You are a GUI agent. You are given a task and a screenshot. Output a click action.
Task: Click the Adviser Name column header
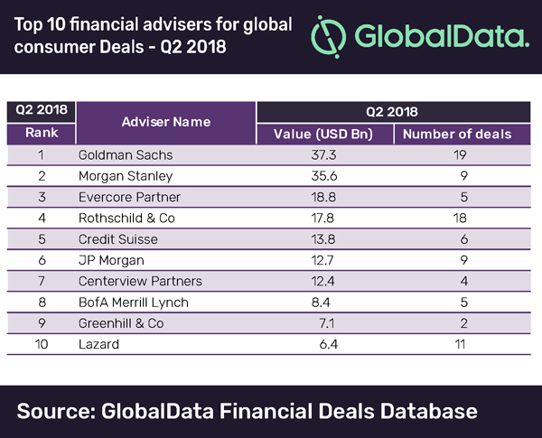tap(165, 121)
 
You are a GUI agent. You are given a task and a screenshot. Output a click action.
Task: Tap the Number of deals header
tap(456, 134)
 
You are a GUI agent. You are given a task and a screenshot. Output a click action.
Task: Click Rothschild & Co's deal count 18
tap(456, 217)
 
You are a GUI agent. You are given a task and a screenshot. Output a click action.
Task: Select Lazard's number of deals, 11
tap(456, 343)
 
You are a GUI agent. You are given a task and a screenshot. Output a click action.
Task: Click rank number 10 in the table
tap(40, 343)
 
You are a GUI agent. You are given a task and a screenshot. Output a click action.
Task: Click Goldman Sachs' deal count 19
tap(456, 154)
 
